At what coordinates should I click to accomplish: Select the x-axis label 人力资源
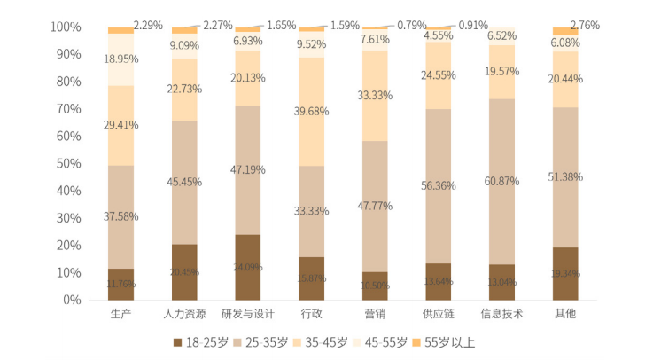click(184, 314)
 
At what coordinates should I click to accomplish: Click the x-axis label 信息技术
click(501, 314)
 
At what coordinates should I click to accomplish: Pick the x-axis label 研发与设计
click(247, 314)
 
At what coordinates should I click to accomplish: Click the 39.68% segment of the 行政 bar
click(311, 110)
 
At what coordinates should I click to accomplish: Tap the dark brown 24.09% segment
click(247, 267)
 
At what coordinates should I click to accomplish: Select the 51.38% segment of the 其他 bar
click(565, 177)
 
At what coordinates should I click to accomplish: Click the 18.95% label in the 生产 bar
click(121, 59)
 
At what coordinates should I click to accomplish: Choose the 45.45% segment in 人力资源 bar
click(184, 182)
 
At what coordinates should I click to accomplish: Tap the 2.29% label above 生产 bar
click(148, 25)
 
